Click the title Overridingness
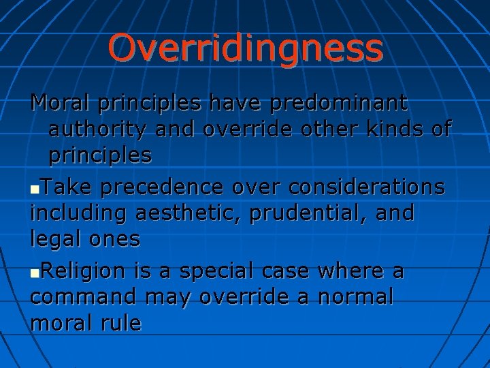245,48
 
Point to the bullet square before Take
35,187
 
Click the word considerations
355,186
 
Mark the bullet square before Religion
35,273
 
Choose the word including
79,213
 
